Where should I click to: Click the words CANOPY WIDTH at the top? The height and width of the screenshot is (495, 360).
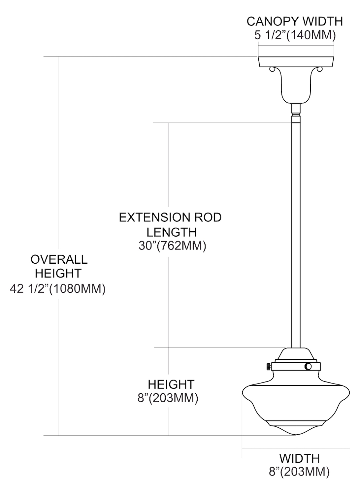click(295, 21)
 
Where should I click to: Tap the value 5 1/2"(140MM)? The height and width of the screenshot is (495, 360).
click(295, 35)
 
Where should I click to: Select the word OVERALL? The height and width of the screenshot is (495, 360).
click(59, 259)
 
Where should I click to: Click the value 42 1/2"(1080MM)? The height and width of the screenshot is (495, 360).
click(58, 289)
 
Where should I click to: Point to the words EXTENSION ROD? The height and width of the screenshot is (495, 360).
click(170, 217)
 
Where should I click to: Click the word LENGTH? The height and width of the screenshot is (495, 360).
click(172, 232)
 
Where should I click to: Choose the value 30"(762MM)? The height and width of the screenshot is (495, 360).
click(172, 246)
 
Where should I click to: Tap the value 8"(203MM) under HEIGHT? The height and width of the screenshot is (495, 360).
click(168, 398)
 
